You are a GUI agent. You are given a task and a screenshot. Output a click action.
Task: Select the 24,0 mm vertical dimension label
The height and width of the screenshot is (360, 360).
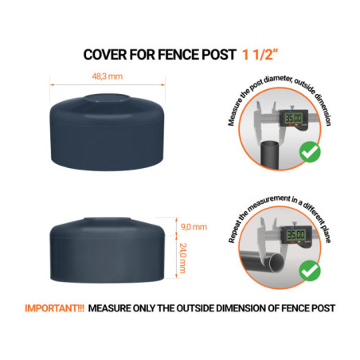[183, 256]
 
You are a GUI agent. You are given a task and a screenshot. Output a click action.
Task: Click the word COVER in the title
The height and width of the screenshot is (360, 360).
[106, 54]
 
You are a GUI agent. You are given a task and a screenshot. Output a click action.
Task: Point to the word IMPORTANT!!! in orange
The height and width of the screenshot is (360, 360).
[53, 307]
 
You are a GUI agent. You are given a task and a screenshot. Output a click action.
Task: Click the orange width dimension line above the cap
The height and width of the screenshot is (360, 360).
[108, 83]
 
